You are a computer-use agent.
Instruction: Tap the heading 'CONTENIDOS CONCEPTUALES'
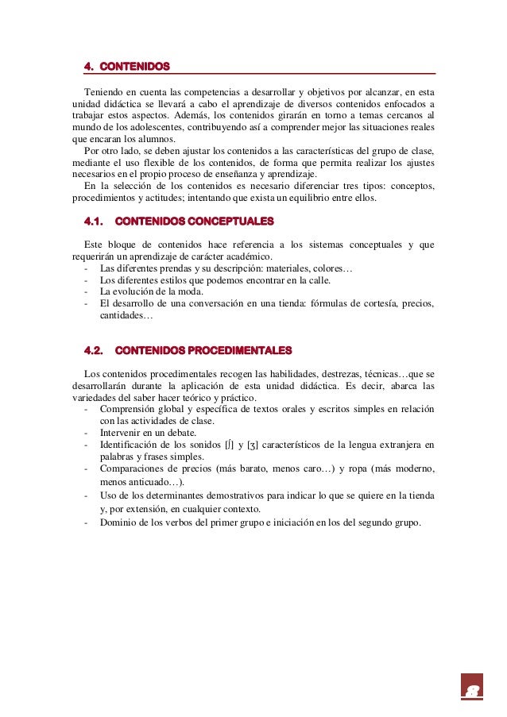click(195, 220)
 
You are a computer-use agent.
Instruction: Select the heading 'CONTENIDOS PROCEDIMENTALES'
click(203, 350)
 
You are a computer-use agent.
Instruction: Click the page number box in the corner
click(472, 687)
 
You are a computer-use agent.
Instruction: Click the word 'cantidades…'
click(126, 315)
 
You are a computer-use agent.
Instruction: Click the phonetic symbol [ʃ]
click(233, 445)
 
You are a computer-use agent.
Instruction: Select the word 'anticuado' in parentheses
click(154, 481)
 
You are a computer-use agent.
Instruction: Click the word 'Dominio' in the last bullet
click(118, 522)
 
